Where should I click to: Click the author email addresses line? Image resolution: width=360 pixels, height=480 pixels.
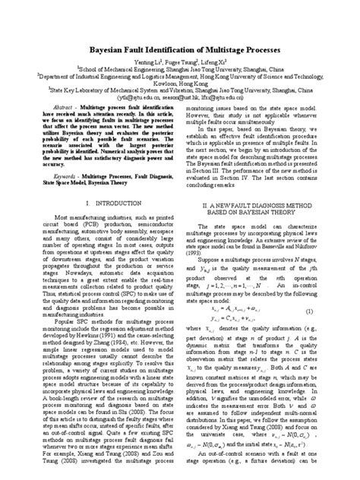179,118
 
